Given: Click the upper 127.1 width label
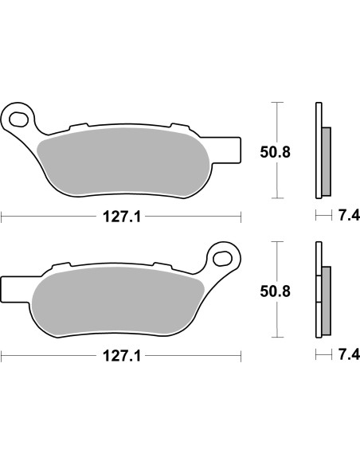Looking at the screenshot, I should (x=119, y=216).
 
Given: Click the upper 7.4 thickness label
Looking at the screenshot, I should (x=348, y=216).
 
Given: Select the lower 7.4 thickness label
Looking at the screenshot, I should (x=348, y=354).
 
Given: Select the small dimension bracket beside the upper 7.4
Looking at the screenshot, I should (x=323, y=215).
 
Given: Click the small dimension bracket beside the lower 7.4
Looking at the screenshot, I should (x=323, y=354).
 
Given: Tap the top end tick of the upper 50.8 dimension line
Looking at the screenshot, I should (x=276, y=103).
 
